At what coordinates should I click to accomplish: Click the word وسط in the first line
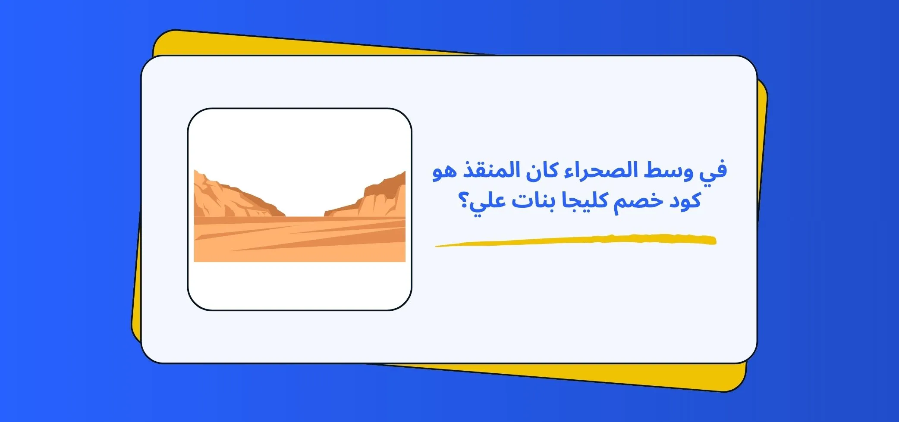[669, 171]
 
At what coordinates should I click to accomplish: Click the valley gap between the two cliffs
[304, 203]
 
